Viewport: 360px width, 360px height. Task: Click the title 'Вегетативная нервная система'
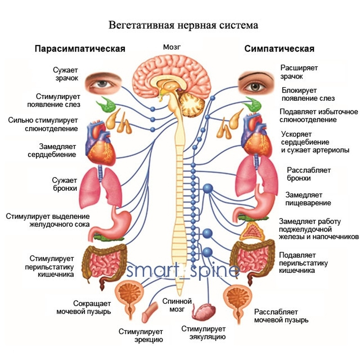tap(183, 25)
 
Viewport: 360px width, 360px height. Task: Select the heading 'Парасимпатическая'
tap(80, 49)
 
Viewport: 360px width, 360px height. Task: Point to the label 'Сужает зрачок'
tap(65, 74)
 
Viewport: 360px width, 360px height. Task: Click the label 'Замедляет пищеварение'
tap(308, 199)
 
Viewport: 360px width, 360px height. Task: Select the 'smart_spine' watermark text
tap(183, 271)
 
